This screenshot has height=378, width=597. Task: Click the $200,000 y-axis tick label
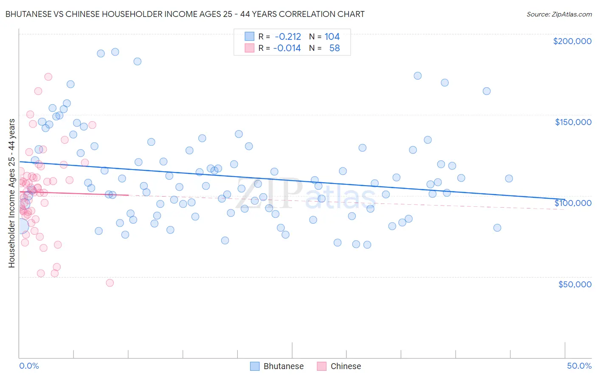point(572,41)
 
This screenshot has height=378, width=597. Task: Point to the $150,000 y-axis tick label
point(573,122)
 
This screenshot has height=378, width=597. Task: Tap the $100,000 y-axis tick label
point(573,203)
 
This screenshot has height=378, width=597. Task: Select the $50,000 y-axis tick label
point(574,284)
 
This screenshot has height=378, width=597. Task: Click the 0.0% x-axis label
point(29,366)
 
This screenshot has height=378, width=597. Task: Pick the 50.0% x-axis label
point(579,366)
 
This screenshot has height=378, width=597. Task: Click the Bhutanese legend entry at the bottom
point(277,366)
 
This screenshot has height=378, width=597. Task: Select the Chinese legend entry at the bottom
point(339,366)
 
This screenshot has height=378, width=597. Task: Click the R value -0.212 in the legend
point(288,37)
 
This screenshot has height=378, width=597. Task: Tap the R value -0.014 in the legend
point(287,48)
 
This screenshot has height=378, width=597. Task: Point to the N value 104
point(332,37)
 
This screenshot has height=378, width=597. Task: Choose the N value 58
point(335,48)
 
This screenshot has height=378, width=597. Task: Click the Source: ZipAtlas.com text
point(559,14)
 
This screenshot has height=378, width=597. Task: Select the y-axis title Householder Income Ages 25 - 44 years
point(12,193)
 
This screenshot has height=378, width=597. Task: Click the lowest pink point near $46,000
point(110,283)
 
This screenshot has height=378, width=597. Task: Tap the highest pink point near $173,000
point(48,77)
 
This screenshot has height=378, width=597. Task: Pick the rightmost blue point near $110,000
point(509,178)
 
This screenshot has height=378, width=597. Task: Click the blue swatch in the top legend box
point(249,37)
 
